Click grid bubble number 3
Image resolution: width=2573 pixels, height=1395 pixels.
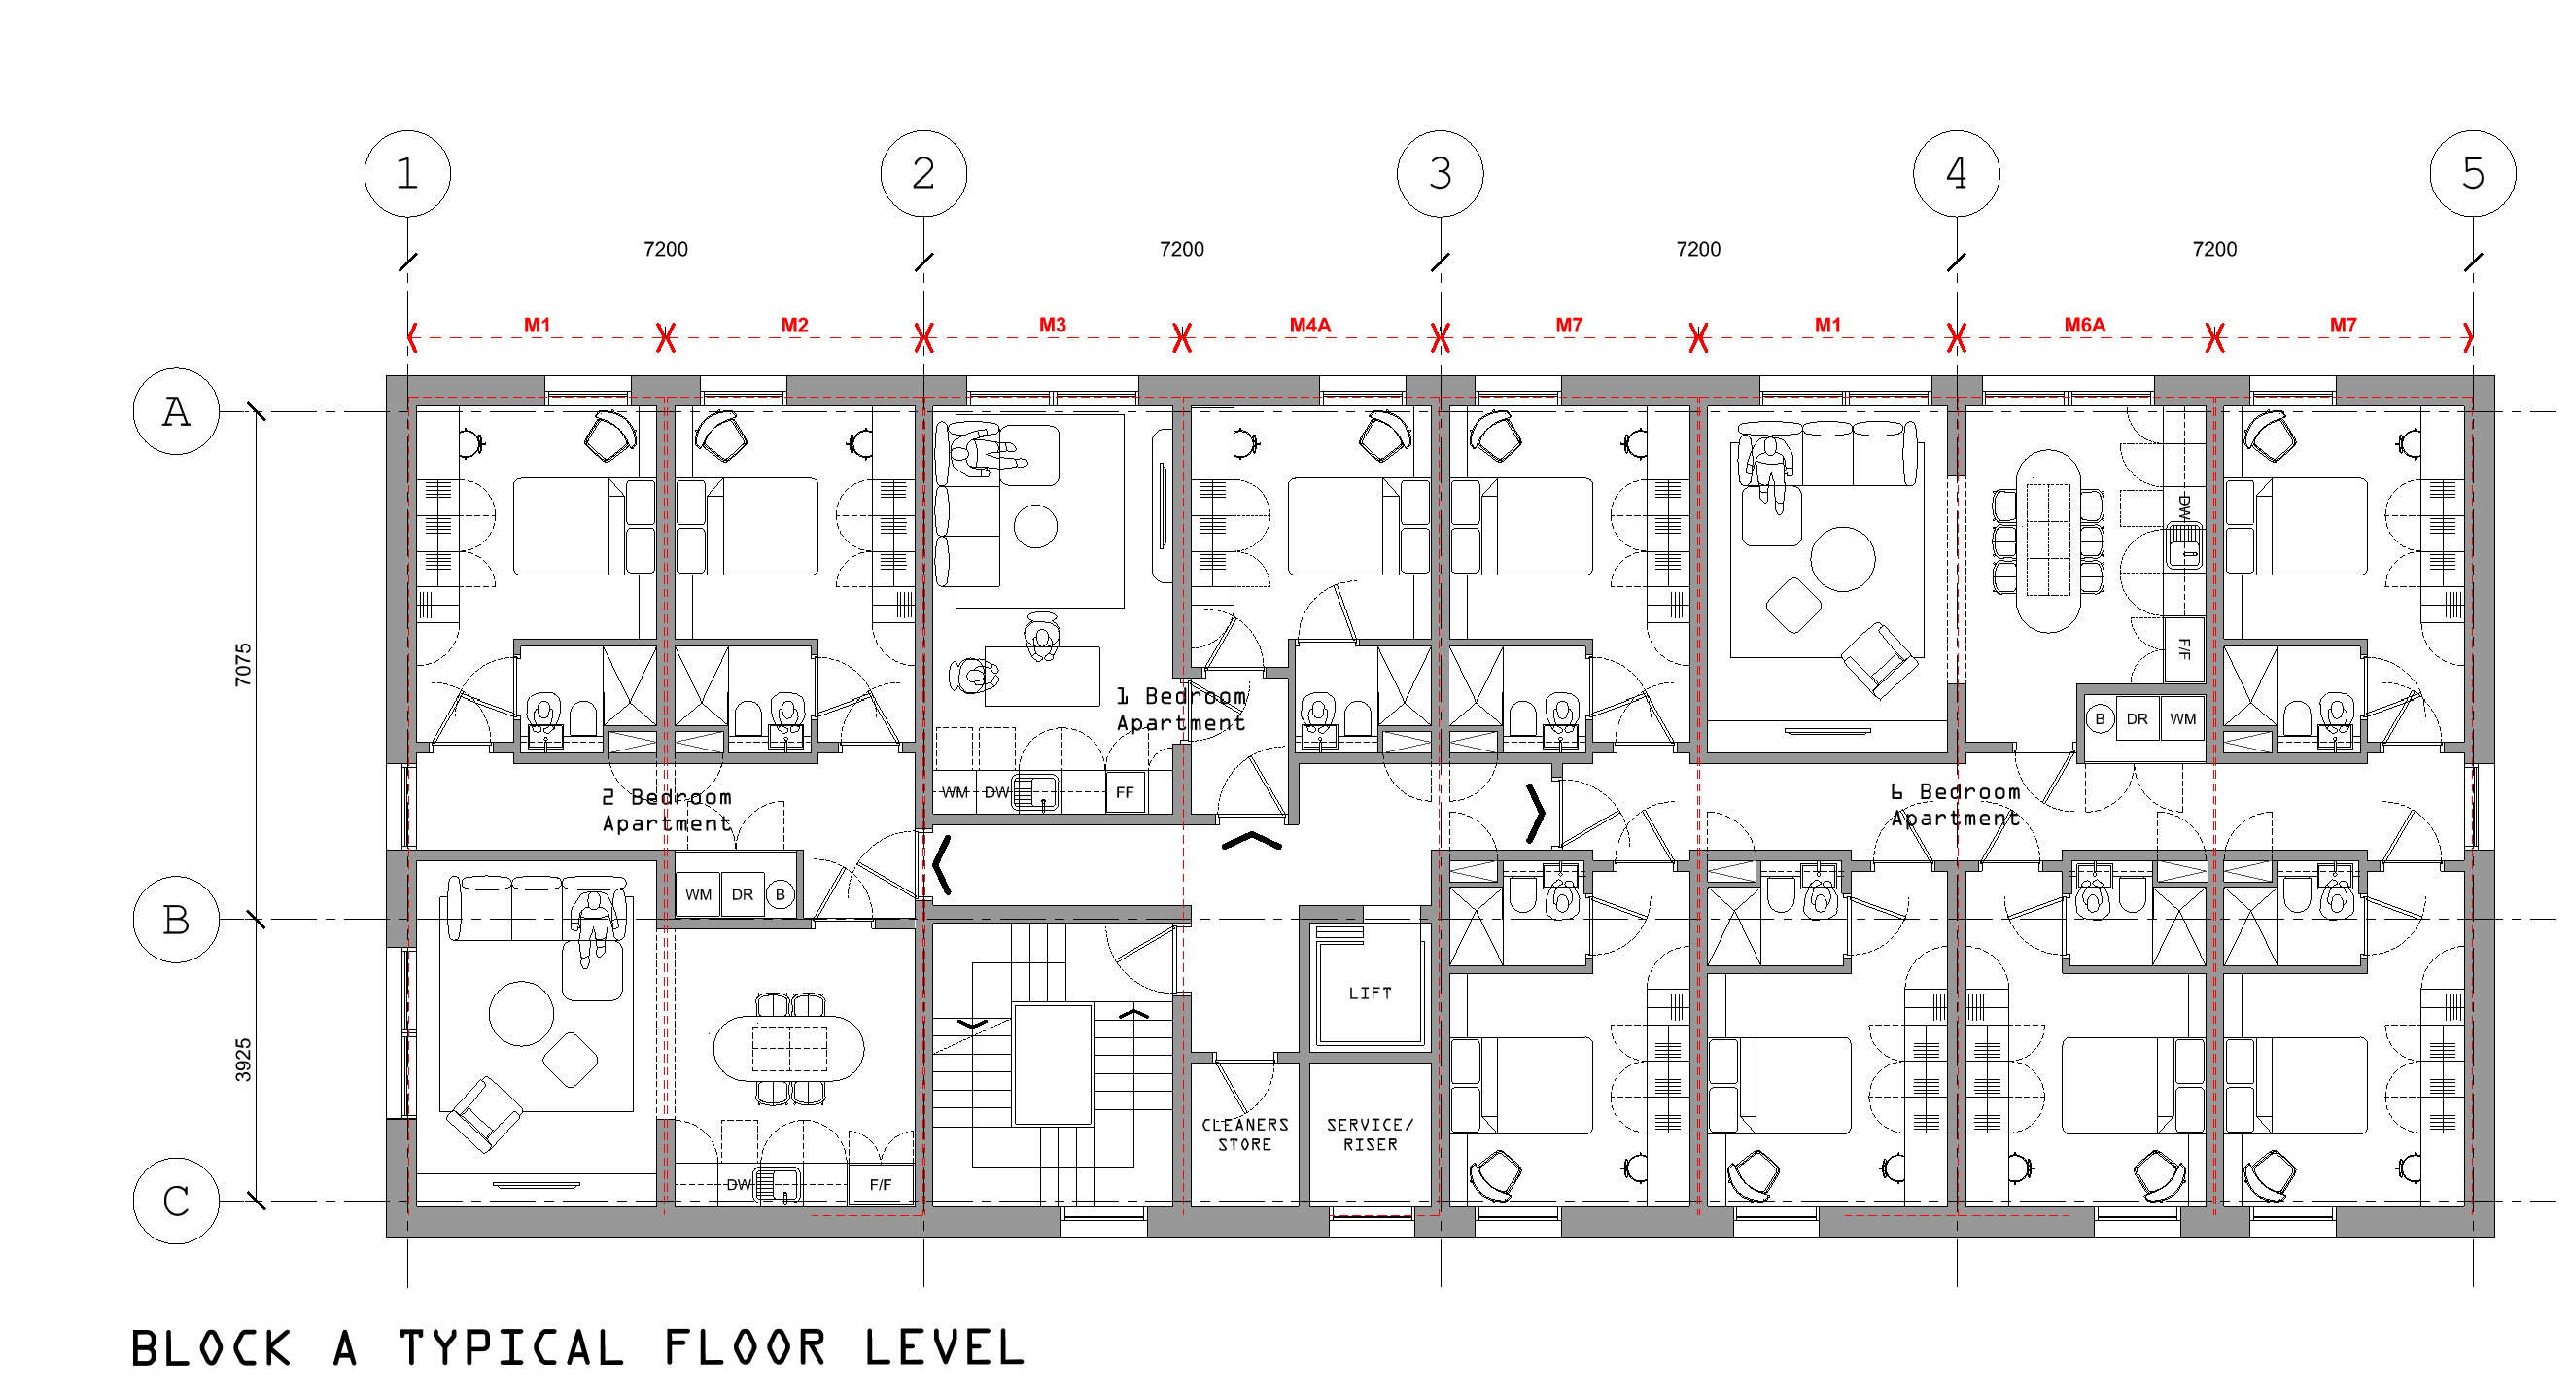(1440, 174)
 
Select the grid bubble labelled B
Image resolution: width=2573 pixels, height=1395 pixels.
(176, 920)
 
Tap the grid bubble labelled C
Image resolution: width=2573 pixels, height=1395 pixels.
(176, 1202)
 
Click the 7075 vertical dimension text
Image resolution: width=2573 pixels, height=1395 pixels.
(243, 665)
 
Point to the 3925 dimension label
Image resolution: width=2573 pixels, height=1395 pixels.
(243, 1061)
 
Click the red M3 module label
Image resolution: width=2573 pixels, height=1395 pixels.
(1052, 325)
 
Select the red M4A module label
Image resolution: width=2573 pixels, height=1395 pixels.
(1309, 325)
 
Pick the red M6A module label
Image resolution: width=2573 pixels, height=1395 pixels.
(2085, 325)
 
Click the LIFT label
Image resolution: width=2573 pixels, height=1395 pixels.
(1370, 994)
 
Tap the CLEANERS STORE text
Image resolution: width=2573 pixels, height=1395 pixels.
(1244, 1134)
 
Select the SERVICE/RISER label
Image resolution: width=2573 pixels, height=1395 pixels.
(1370, 1134)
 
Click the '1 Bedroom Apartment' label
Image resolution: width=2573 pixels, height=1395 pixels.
(1181, 709)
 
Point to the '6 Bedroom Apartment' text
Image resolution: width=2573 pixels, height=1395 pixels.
(1955, 805)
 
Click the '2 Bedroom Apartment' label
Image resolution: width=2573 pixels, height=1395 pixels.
(666, 810)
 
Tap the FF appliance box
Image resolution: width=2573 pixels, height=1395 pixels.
(1125, 793)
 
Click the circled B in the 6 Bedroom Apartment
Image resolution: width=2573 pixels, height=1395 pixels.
(2100, 719)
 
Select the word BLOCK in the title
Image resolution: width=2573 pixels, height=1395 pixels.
(211, 1349)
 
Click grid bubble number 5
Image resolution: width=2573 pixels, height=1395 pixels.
(2472, 174)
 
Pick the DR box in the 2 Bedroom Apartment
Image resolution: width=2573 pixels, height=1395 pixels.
(741, 894)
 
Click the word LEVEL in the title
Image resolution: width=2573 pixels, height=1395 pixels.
(945, 1349)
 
